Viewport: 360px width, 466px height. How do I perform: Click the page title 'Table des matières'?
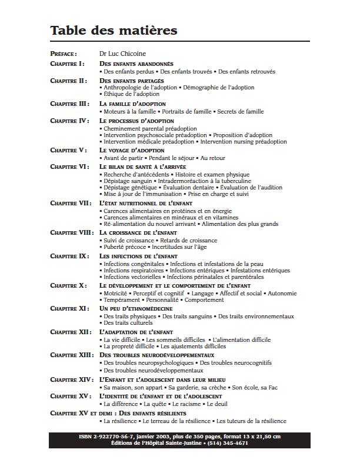114,30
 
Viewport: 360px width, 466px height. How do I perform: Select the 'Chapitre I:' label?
67,63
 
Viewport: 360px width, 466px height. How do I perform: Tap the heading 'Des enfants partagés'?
132,81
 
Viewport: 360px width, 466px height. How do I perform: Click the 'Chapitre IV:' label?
69,121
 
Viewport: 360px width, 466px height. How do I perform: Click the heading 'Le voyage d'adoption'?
132,151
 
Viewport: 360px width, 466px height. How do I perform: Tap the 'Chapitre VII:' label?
71,203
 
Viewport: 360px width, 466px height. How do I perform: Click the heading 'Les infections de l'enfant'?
139,257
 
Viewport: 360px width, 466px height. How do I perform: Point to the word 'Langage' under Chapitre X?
204,293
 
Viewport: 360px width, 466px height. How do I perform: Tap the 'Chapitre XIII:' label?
72,355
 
